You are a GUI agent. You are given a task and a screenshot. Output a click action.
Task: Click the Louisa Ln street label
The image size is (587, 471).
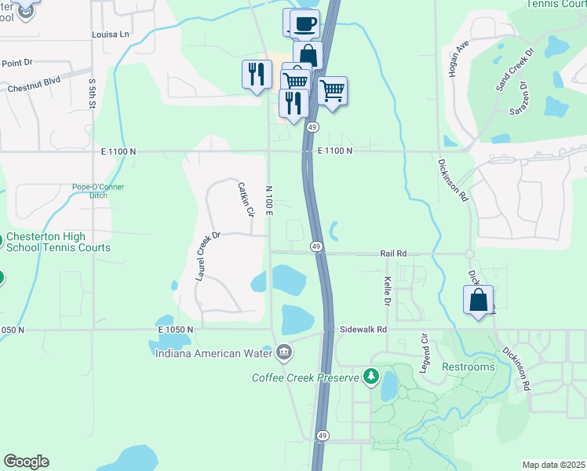point(111,35)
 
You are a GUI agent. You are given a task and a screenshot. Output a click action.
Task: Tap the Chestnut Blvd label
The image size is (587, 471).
point(34,89)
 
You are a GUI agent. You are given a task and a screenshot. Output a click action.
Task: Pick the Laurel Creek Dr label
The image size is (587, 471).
point(209,256)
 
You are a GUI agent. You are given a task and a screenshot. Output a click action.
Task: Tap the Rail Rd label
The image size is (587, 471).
point(393,254)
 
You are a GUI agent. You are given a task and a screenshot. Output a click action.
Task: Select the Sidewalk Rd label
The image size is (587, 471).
point(363,330)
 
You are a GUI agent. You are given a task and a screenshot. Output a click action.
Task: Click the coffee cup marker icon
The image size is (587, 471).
point(306,23)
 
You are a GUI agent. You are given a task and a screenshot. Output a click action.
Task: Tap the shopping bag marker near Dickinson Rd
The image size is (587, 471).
point(479,300)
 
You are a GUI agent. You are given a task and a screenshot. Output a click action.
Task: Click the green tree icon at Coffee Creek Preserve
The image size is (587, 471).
point(371,377)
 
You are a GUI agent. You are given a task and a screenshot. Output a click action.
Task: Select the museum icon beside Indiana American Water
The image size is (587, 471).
point(283,353)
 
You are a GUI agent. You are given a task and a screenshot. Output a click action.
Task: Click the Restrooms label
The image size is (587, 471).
point(469,367)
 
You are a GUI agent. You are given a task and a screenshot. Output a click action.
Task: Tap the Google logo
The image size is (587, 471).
point(26,462)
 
